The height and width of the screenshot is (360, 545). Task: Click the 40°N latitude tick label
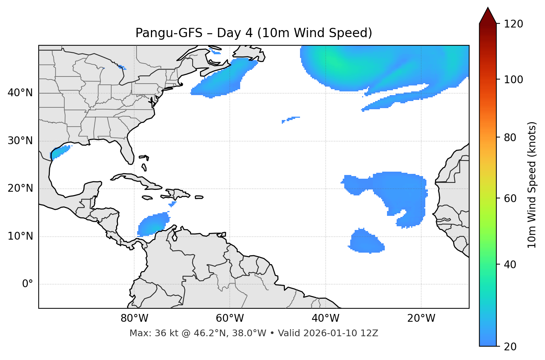(20, 93)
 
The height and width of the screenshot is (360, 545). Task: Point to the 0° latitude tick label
(28, 284)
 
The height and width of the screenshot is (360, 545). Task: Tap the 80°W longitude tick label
(134, 318)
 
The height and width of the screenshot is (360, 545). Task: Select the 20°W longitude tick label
(421, 318)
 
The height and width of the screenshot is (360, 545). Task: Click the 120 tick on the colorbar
(513, 24)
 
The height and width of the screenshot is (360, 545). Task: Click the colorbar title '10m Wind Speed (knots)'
(532, 185)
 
